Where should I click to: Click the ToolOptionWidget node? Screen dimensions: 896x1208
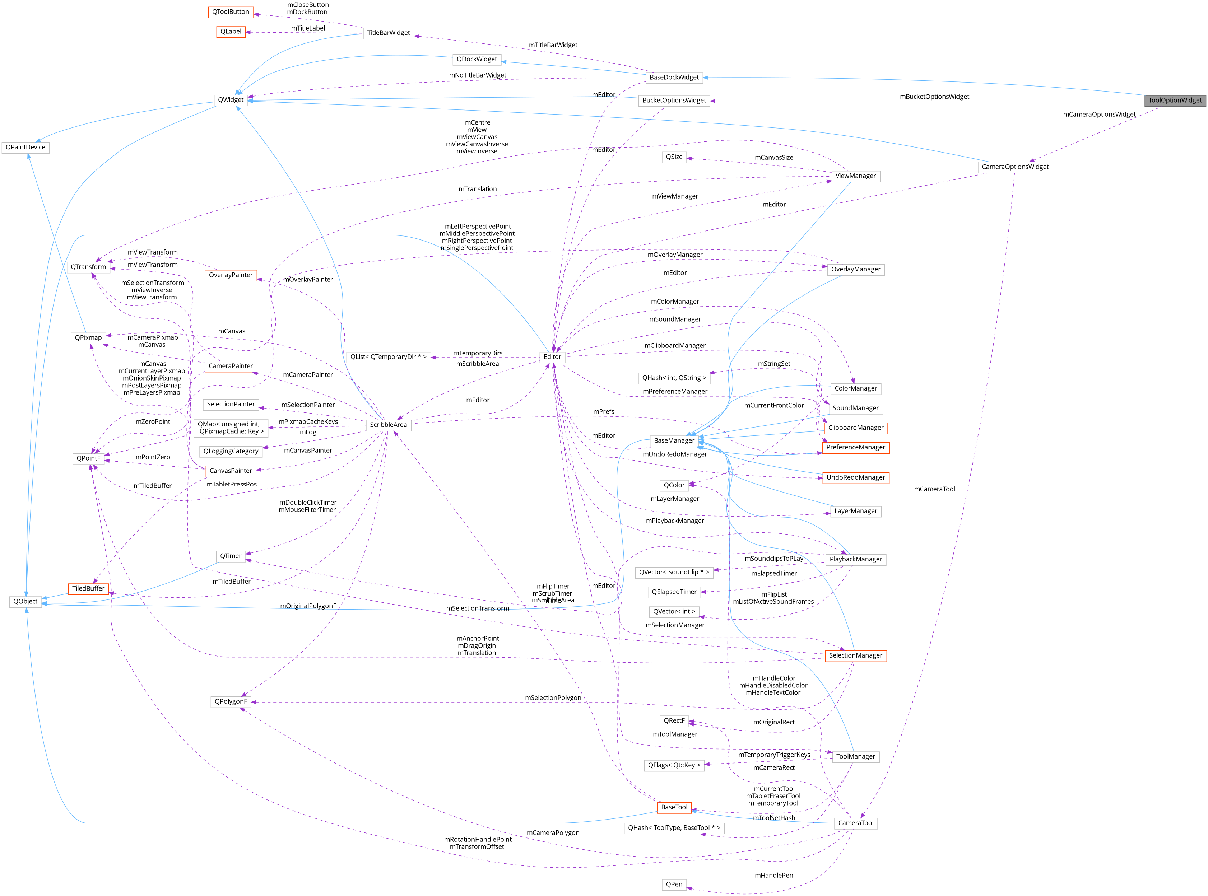click(1175, 101)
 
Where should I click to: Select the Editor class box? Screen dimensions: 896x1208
click(552, 357)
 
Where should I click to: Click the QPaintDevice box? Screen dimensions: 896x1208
click(25, 147)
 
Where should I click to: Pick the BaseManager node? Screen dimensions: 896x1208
click(674, 440)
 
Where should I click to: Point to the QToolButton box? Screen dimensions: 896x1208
click(231, 12)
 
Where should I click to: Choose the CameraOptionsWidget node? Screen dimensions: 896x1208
click(1015, 167)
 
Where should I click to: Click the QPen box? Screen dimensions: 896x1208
click(674, 884)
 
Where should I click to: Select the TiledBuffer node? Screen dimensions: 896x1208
click(88, 588)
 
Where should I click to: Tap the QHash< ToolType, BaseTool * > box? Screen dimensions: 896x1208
click(674, 828)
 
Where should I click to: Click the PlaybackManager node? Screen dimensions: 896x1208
click(855, 559)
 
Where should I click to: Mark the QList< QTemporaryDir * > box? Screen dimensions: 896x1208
click(389, 357)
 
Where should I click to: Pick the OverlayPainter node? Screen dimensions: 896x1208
click(231, 275)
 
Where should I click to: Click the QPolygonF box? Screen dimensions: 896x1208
click(231, 701)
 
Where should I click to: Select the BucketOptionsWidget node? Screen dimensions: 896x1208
click(674, 101)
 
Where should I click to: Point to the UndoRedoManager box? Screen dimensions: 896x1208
click(855, 478)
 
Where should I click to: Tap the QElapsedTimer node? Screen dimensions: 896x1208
click(674, 592)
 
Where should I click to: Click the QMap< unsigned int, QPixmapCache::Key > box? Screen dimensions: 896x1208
click(231, 428)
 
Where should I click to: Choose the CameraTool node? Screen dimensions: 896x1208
click(855, 823)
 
